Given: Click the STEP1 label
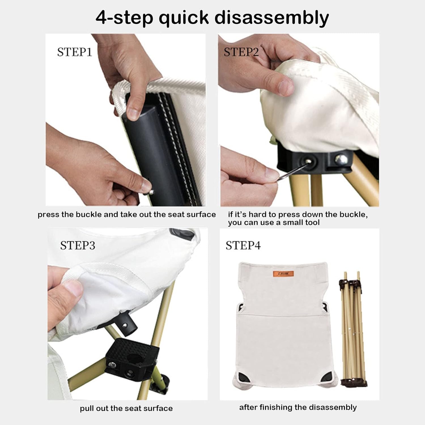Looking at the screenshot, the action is [x=75, y=52].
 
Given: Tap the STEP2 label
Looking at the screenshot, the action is [x=241, y=52].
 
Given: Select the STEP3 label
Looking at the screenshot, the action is [x=78, y=245].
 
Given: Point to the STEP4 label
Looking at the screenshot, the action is [x=243, y=245].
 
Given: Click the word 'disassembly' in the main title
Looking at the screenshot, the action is [x=272, y=18].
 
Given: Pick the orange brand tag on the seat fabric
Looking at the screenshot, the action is [x=283, y=274].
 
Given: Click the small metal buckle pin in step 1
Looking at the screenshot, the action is [x=151, y=192].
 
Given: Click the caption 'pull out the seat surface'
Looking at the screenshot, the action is [x=126, y=408].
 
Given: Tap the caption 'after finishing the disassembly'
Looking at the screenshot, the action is [x=298, y=407].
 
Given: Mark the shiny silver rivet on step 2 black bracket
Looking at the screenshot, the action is [x=341, y=159].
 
